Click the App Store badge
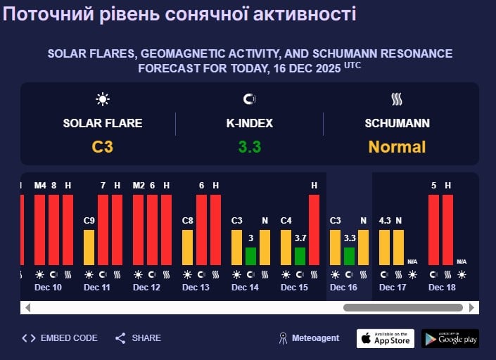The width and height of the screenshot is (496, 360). [385, 338]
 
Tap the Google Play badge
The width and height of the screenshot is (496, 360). [450, 338]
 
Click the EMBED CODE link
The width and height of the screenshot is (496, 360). [60, 338]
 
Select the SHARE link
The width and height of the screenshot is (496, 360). [139, 338]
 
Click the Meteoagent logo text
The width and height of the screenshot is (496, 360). [310, 338]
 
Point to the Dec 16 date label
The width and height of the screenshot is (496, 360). [344, 288]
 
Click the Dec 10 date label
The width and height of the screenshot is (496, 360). [48, 288]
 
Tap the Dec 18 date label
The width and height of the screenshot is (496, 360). [442, 288]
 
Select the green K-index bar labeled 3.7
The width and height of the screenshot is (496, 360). [300, 256]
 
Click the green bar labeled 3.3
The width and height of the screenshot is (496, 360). [350, 256]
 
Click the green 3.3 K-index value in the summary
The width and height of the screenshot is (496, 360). [249, 147]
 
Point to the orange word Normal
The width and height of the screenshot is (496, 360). [397, 147]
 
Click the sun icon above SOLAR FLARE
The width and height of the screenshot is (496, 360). [103, 99]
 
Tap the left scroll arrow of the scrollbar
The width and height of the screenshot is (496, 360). [27, 307]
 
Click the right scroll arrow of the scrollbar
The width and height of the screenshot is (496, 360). [471, 307]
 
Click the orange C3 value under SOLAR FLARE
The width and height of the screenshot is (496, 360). [103, 147]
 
